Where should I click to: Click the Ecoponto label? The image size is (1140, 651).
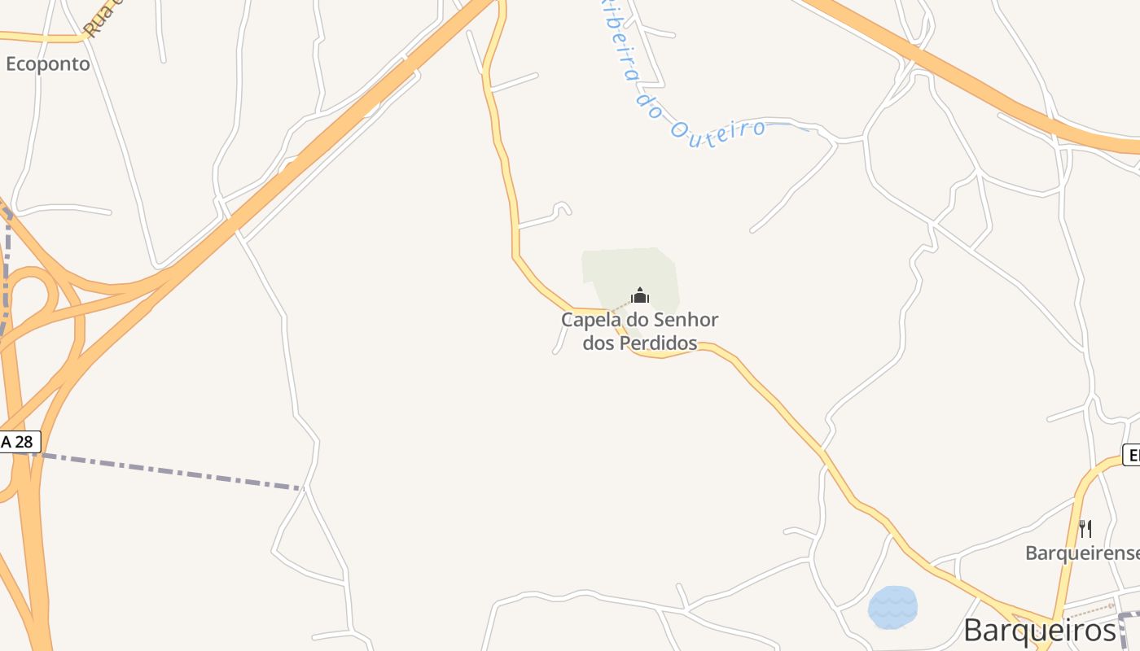coord(48,63)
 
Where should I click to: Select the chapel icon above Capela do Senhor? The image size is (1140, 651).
coord(640,295)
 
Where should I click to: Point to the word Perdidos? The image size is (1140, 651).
coord(659,343)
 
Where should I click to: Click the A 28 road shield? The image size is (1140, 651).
coord(18,442)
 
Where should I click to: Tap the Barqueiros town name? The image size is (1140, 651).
coord(1039,630)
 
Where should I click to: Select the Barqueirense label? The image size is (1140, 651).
coord(1081,553)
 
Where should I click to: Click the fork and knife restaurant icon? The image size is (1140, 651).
coord(1085,529)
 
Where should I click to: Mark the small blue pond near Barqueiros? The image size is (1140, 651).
coord(892,607)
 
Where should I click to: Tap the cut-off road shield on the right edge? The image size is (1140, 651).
coord(1131,455)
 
